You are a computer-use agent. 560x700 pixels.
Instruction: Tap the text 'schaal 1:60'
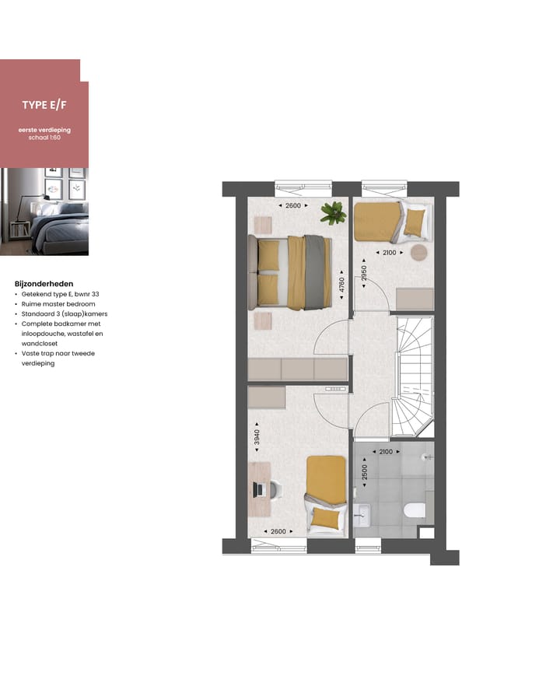pos(44,137)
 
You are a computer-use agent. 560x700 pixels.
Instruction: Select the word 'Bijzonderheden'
pos(44,284)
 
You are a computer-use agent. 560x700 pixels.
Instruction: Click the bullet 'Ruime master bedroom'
pos(58,304)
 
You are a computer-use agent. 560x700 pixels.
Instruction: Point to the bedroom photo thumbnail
pos(44,212)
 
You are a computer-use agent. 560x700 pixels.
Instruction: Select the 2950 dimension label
pos(363,276)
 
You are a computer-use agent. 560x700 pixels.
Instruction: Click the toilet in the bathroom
pos(415,510)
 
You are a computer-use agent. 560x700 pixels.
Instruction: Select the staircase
pos(412,377)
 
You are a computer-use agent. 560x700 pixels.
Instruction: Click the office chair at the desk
pos(275,488)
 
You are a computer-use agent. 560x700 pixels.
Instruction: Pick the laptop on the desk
pos(261,488)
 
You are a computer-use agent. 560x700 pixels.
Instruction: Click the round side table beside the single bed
pos(420,253)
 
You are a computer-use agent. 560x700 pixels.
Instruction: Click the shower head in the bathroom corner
pos(426,457)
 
